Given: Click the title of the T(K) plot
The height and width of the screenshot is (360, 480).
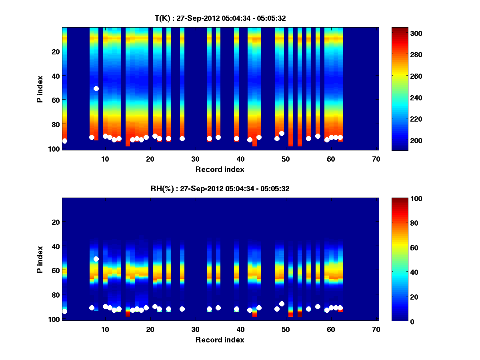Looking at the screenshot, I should click(220, 18).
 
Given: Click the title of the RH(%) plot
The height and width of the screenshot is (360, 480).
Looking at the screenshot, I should click(220, 188).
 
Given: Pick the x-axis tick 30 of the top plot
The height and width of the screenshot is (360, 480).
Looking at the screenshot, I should click(195, 159).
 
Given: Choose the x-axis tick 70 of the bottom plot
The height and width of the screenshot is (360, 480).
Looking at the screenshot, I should click(376, 329).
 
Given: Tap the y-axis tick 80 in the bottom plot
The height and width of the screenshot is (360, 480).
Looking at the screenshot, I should click(55, 295).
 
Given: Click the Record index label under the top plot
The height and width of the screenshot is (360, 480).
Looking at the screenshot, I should click(220, 169).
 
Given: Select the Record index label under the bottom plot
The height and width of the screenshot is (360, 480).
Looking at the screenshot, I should click(220, 340).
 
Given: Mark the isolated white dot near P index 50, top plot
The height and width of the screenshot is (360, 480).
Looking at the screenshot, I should click(96, 88).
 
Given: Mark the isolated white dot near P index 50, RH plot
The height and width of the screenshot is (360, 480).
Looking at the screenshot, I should click(96, 259).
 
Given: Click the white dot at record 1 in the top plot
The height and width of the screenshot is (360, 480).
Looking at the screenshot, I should click(64, 141).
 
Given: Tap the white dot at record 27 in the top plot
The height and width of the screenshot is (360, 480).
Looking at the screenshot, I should click(182, 138).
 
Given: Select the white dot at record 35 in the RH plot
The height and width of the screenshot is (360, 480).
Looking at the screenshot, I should click(218, 308).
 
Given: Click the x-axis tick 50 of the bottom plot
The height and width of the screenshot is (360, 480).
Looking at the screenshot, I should click(286, 329).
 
